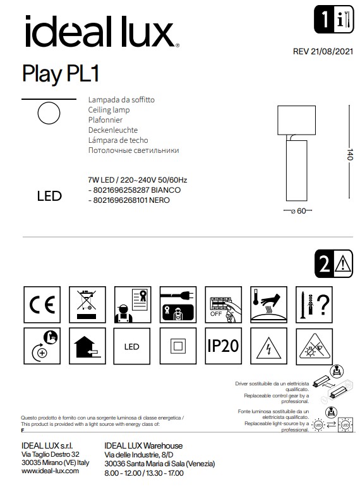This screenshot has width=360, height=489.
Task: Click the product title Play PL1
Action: click(61, 73)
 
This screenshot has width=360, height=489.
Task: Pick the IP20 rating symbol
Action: click(223, 346)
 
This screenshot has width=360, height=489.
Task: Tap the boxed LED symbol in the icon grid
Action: click(132, 346)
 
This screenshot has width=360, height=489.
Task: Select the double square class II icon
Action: click(178, 346)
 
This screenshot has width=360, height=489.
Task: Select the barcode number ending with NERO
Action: click(130, 200)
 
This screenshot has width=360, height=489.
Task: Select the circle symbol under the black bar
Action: click(49, 114)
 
